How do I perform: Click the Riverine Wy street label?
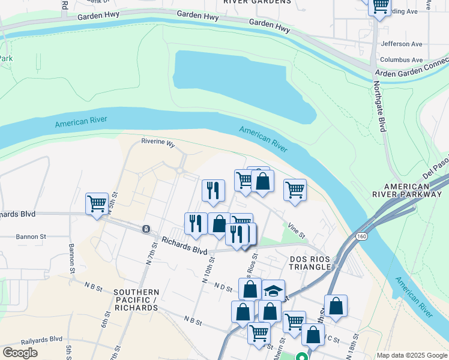(x=158, y=143)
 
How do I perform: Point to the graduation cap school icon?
(x=273, y=291)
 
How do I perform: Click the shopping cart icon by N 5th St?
(x=97, y=204)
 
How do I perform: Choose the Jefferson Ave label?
(x=402, y=44)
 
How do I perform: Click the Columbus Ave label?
(x=402, y=60)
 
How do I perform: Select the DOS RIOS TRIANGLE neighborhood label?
(x=310, y=262)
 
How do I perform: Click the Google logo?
(x=20, y=353)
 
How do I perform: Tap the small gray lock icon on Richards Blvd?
(x=146, y=229)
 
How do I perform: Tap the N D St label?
(x=224, y=288)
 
